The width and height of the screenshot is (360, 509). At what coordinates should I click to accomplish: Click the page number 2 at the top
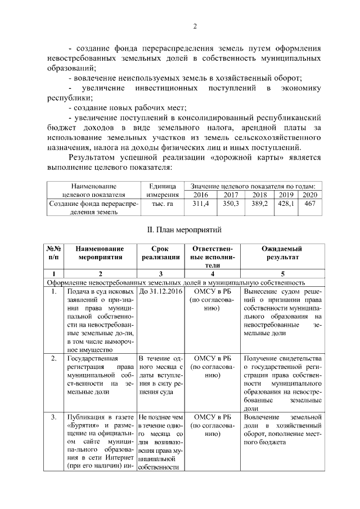pos(195,26)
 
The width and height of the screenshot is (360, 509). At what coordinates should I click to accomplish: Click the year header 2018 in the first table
pos(259,194)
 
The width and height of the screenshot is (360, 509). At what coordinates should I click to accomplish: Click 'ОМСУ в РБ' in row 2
pos(212,358)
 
